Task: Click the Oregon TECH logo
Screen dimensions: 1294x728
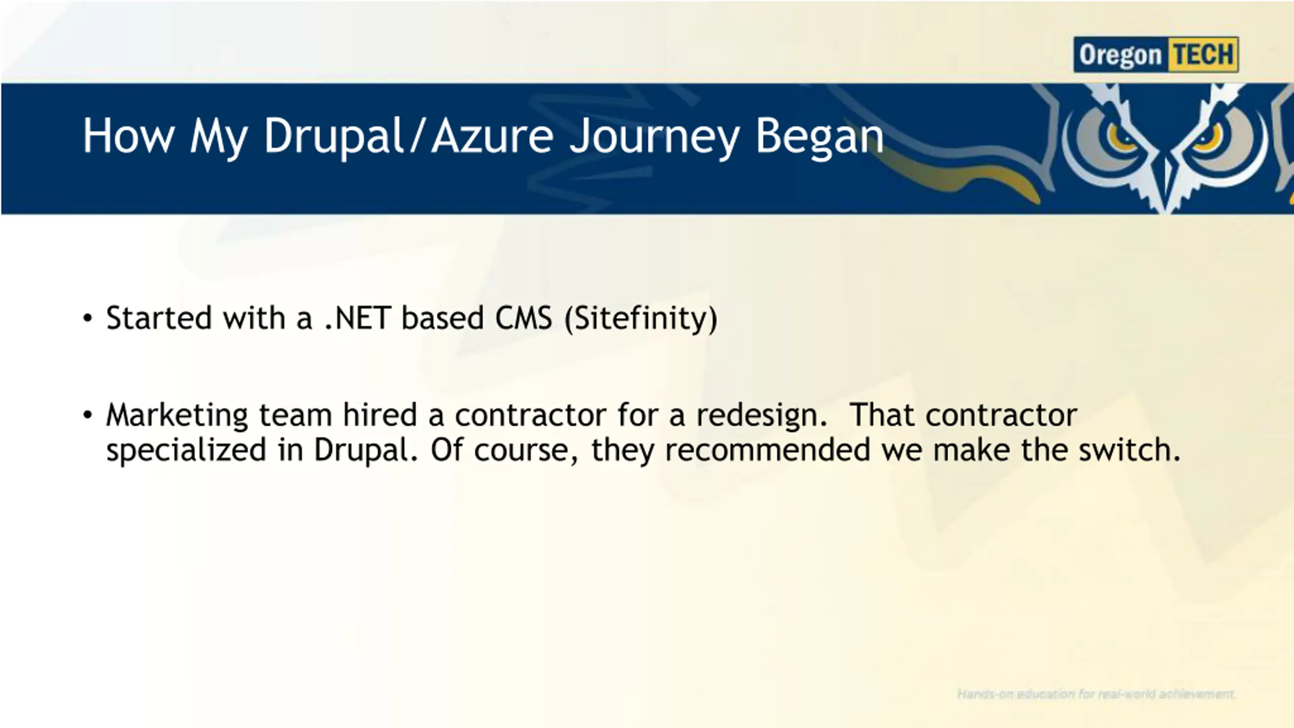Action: coord(1156,55)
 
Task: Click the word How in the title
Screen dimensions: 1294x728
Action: coord(128,135)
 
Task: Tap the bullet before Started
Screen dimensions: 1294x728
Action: coord(88,318)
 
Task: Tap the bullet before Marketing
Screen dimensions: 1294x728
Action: coord(88,415)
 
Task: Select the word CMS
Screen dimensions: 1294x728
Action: coord(524,318)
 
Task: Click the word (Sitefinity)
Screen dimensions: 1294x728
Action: coord(641,320)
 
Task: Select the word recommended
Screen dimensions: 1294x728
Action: coord(767,450)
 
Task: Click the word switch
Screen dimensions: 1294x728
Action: coord(1130,450)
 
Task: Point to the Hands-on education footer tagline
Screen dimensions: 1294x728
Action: coord(1096,694)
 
